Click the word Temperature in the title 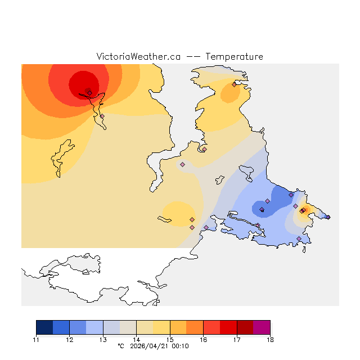click(234, 57)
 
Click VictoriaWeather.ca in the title click(138, 57)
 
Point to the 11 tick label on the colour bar click(36, 340)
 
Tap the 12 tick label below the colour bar click(70, 340)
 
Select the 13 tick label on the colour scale click(103, 340)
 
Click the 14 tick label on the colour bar click(137, 340)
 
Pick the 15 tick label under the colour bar click(170, 340)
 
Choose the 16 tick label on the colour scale click(204, 340)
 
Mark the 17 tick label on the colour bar click(237, 340)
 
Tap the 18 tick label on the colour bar click(270, 340)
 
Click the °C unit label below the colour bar click(120, 346)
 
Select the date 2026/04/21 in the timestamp click(152, 346)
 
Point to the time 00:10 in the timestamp click(181, 346)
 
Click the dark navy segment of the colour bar click(44, 327)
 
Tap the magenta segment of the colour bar click(262, 327)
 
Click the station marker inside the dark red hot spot click(89, 93)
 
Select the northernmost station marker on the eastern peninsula click(234, 85)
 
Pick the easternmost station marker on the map click(328, 217)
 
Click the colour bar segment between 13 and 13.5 click(111, 327)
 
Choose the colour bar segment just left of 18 click(262, 327)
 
